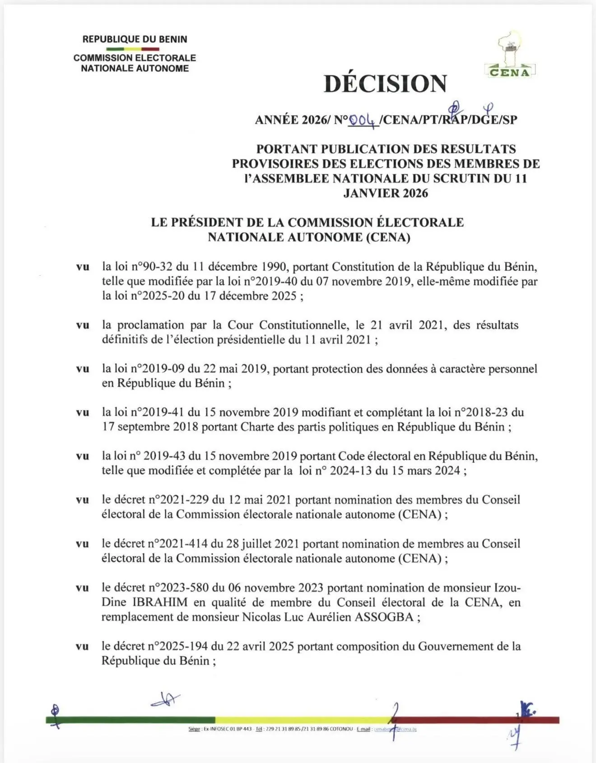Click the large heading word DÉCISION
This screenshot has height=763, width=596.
pos(385,84)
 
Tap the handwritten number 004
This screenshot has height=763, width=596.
pos(363,120)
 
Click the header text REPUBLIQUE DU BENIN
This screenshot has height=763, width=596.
pos(135,39)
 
